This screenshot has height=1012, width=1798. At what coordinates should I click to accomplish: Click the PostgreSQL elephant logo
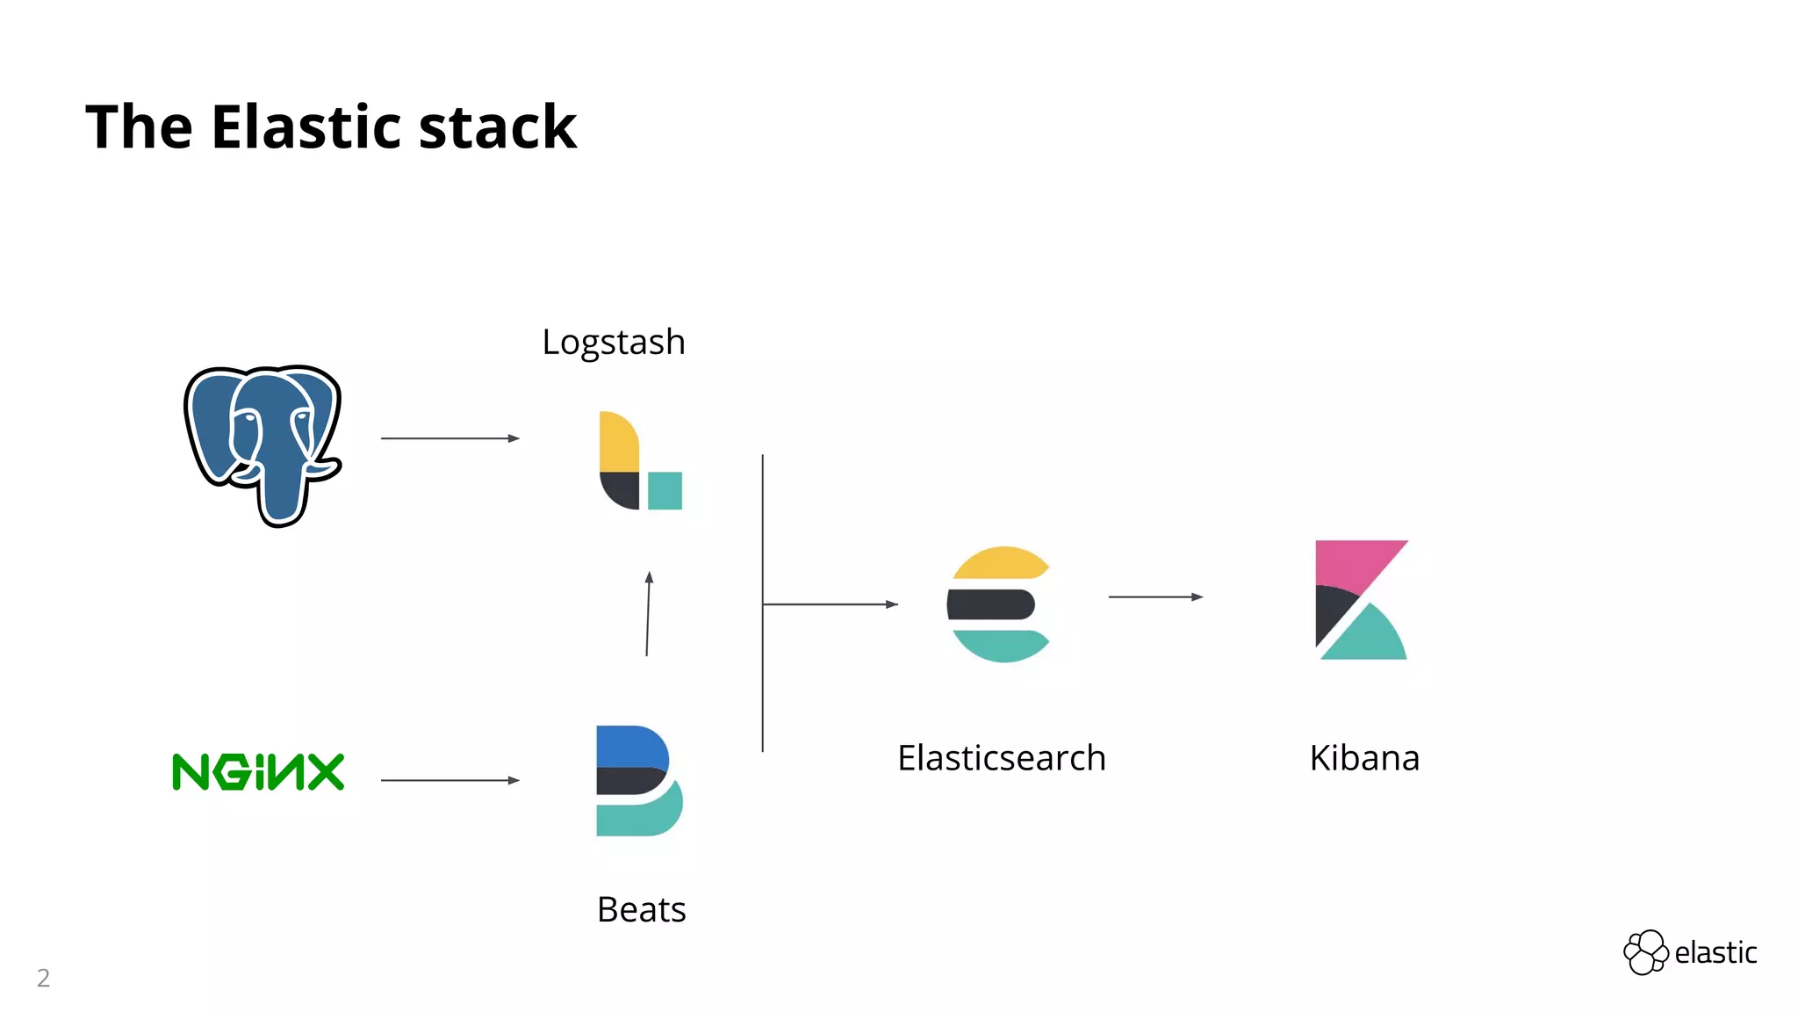point(263,444)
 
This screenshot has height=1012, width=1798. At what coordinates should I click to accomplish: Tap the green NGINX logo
point(258,772)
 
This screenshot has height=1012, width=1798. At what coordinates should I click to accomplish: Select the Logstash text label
point(613,342)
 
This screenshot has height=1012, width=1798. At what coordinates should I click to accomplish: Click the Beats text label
point(641,909)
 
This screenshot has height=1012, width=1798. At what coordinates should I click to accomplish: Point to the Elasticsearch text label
point(1001,758)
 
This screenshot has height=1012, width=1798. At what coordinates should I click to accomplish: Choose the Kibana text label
point(1364,758)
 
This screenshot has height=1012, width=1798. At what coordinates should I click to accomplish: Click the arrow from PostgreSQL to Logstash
point(449,437)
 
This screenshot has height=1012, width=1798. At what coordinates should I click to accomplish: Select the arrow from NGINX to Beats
point(449,779)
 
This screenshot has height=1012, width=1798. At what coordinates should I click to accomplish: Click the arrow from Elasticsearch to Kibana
point(1155,596)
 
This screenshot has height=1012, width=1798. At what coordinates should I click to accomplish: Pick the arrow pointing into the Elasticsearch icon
point(830,604)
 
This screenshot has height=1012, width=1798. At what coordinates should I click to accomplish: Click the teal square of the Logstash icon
point(665,490)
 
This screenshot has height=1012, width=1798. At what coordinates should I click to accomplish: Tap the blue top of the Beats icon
point(630,746)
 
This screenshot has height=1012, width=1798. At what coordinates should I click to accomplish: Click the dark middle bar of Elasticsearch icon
point(991,604)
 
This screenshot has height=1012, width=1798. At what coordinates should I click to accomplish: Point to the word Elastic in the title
point(307,127)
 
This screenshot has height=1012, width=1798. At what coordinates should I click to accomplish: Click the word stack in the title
point(498,127)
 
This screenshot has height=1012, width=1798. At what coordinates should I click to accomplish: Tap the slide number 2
point(43,978)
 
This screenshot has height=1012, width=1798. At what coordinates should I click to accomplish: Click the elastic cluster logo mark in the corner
point(1645,952)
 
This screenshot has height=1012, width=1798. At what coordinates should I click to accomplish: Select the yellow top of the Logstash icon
point(618,441)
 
